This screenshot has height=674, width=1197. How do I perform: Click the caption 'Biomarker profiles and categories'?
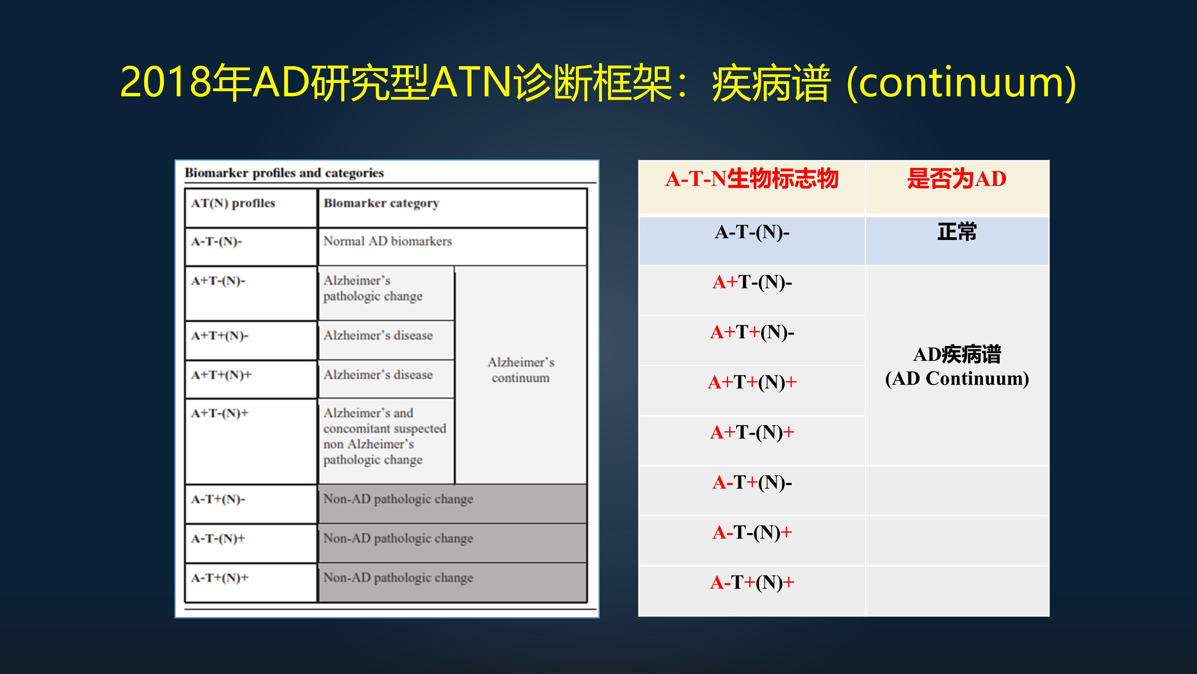(x=284, y=173)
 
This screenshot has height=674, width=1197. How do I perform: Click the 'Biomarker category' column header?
(x=381, y=203)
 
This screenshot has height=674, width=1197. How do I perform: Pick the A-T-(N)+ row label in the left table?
(x=218, y=539)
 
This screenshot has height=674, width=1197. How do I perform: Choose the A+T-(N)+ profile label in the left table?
(x=219, y=413)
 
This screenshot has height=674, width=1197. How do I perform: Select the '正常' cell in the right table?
(x=956, y=232)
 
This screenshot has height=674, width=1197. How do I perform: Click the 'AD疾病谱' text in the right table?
(x=956, y=354)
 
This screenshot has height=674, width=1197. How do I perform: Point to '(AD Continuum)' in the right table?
(x=956, y=379)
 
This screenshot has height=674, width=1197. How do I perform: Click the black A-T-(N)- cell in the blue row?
(x=751, y=232)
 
